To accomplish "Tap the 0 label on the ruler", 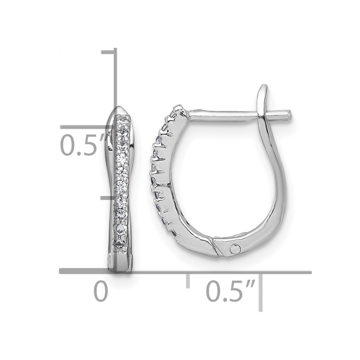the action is point(101,292).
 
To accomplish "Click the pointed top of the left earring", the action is point(120,107).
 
